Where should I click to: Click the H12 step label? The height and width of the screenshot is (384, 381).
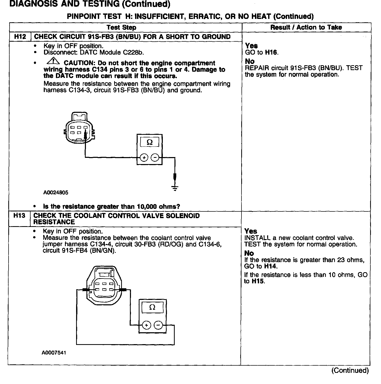pos(20,36)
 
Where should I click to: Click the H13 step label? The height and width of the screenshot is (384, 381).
pos(19,216)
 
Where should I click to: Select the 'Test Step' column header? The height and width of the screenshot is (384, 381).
pos(121,27)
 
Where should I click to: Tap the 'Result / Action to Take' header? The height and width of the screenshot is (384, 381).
pos(306,27)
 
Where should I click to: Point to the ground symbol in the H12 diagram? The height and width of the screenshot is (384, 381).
pos(175,187)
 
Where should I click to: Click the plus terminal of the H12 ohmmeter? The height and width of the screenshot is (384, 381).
pos(144,157)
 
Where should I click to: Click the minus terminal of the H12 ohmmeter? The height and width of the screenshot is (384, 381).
pos(155,157)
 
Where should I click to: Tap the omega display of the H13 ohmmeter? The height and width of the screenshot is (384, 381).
pos(152,307)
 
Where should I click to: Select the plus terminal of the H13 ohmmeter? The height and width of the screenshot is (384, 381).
pos(146,325)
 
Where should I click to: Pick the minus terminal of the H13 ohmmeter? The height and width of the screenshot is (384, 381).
pos(158,325)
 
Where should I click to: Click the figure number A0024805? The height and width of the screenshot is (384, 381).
pos(56,193)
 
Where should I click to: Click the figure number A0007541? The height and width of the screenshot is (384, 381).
pos(54,353)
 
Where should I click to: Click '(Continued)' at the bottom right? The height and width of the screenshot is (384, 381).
pos(350,371)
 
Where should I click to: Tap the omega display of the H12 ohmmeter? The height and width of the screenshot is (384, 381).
pos(150,142)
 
